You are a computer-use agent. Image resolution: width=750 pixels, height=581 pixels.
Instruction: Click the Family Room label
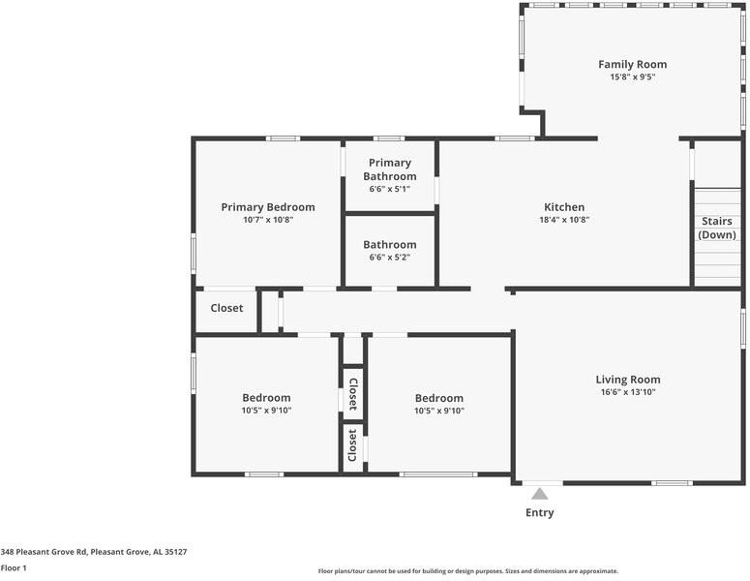pyautogui.click(x=632, y=65)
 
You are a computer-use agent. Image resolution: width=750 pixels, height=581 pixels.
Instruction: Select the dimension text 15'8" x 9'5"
pyautogui.click(x=632, y=77)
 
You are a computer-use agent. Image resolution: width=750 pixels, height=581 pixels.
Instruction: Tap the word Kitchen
pyautogui.click(x=564, y=207)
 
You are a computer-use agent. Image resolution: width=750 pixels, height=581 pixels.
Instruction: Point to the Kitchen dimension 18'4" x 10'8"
pyautogui.click(x=564, y=220)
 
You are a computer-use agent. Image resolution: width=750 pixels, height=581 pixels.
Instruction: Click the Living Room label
pyautogui.click(x=627, y=380)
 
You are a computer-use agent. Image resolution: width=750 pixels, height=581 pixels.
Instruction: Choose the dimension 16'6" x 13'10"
pyautogui.click(x=627, y=392)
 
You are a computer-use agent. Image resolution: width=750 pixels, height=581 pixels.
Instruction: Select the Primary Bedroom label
pyautogui.click(x=268, y=207)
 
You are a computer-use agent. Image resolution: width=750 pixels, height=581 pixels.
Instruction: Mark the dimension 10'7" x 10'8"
pyautogui.click(x=268, y=220)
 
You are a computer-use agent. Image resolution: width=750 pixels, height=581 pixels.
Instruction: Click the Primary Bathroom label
pyautogui.click(x=390, y=169)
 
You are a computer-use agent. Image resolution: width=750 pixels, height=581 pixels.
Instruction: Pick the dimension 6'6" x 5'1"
pyautogui.click(x=390, y=189)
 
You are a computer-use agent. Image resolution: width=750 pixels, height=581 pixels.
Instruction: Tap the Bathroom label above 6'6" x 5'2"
pyautogui.click(x=390, y=245)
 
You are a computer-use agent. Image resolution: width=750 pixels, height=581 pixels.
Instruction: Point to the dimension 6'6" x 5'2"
pyautogui.click(x=390, y=258)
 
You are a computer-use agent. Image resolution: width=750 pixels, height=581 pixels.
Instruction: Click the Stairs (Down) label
pyautogui.click(x=717, y=228)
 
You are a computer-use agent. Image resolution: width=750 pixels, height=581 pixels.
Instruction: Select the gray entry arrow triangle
pyautogui.click(x=539, y=494)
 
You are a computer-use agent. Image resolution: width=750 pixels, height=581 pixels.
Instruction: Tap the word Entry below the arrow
pyautogui.click(x=539, y=512)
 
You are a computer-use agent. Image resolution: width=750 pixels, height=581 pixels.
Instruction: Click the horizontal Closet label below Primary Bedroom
pyautogui.click(x=226, y=308)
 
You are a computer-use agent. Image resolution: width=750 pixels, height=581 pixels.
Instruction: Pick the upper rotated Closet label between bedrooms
pyautogui.click(x=352, y=393)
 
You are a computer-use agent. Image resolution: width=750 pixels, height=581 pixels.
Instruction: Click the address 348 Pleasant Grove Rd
pyautogui.click(x=94, y=551)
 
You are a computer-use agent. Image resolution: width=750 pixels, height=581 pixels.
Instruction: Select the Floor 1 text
pyautogui.click(x=14, y=568)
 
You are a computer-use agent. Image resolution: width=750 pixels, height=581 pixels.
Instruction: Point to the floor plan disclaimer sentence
pyautogui.click(x=467, y=571)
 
